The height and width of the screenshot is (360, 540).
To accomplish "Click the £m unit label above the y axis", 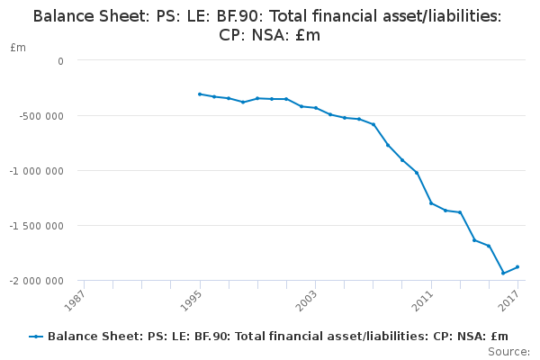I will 18,47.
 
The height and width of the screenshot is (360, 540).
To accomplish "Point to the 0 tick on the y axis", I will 60,61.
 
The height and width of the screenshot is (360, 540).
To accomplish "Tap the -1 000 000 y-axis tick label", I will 39,171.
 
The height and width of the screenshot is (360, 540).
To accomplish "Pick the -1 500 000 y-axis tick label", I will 39,226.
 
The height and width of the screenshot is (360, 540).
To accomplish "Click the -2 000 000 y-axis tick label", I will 39,281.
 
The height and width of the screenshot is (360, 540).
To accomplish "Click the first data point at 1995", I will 200,94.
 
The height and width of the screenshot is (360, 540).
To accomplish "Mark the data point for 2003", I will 316,108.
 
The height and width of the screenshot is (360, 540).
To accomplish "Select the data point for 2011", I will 431,202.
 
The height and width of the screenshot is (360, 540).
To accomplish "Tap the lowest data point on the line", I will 503,273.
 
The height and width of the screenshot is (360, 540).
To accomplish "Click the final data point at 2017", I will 517,266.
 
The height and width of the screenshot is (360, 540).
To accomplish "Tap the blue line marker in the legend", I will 36,337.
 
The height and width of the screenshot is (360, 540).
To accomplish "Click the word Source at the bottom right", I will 508,351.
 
